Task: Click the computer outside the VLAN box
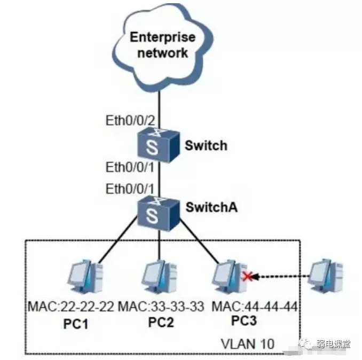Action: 327,277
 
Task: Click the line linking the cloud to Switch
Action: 159,101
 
